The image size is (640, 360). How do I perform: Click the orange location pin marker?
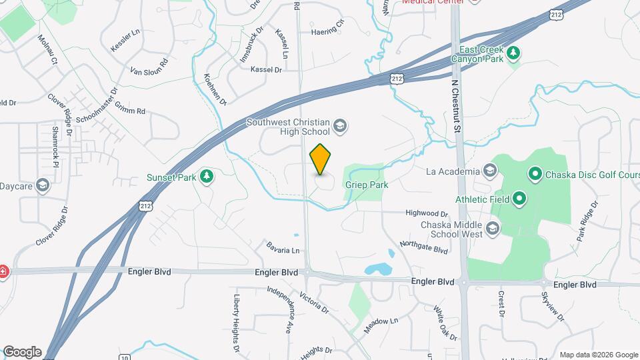[x=321, y=160]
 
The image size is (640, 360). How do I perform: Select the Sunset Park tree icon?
[x=207, y=177]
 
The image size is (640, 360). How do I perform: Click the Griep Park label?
[x=367, y=185]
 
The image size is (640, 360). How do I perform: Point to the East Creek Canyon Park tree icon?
[x=513, y=53]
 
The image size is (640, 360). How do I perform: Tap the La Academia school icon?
[x=491, y=171]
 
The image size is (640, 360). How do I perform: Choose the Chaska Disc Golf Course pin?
[x=534, y=175]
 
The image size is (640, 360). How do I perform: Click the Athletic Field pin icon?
[x=519, y=199]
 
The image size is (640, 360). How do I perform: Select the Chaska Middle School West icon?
[x=493, y=229]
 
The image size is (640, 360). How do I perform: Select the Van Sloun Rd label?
[x=149, y=71]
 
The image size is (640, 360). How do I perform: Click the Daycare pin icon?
[x=44, y=185]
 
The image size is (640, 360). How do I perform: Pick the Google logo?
[x=21, y=351]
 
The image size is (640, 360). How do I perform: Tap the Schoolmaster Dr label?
[x=97, y=106]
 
